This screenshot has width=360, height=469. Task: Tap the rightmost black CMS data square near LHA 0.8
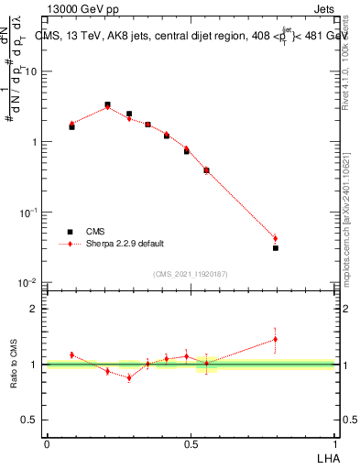(x=275, y=248)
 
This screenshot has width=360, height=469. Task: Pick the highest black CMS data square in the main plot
(x=107, y=105)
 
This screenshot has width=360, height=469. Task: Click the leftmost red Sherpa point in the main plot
(x=71, y=124)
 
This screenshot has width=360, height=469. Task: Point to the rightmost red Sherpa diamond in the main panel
(x=275, y=239)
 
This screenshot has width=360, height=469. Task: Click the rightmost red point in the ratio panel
(x=275, y=339)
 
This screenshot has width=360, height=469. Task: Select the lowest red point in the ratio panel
(x=129, y=376)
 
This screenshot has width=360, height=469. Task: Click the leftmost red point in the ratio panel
(x=71, y=354)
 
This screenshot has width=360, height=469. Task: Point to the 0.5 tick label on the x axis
(x=191, y=443)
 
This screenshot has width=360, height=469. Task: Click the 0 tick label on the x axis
(x=47, y=443)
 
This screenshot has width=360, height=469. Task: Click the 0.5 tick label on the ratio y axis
(x=28, y=420)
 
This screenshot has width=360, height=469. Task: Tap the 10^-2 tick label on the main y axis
(x=27, y=283)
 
